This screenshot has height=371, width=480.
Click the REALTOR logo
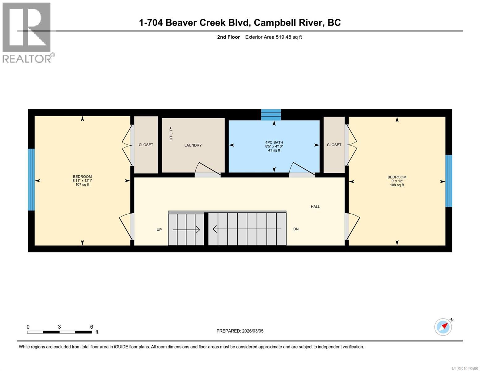[28, 32]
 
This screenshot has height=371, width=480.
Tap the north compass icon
[443, 327]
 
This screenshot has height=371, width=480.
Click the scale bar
[59, 332]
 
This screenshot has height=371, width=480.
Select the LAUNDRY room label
[193, 145]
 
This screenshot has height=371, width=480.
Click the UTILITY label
[171, 134]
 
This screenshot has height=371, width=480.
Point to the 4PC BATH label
[274, 143]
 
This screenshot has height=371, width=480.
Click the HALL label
[315, 207]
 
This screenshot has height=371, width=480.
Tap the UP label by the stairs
[159, 230]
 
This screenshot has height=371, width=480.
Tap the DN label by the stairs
[296, 229]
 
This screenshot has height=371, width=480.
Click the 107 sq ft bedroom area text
[82, 185]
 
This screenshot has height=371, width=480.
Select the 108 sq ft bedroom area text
[397, 185]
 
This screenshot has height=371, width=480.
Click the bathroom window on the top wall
[271, 114]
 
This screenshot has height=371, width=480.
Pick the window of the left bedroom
[31, 180]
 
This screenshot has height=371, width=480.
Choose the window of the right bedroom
[448, 181]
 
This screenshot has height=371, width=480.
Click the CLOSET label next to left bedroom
[146, 145]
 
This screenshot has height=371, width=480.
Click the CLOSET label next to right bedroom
[334, 145]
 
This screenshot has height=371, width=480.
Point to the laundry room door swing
[207, 169]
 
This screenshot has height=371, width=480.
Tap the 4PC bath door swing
[301, 169]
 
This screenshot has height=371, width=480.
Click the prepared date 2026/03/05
[240, 331]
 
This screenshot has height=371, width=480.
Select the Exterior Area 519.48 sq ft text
[273, 37]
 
